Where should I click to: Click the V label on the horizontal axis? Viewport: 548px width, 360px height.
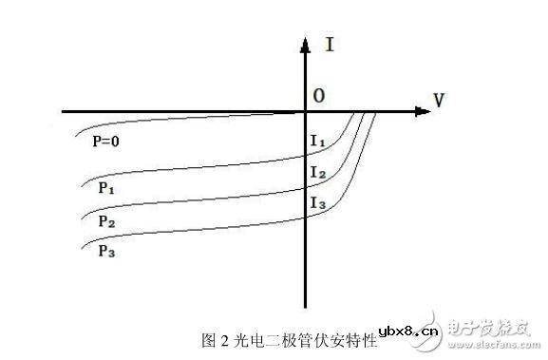pos(439,99)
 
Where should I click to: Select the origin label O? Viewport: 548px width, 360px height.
pos(319,96)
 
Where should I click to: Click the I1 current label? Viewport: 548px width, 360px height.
pos(318,142)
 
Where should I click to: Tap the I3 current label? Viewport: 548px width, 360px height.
pos(318,202)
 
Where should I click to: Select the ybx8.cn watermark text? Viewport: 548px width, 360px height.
pos(409,332)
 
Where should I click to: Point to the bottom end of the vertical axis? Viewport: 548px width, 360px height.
pos(305,306)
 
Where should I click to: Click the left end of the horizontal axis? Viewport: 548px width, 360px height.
pos(64,112)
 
